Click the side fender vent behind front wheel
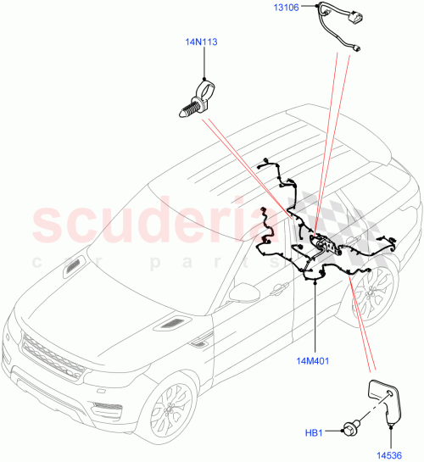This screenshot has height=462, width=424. (202, 342)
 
